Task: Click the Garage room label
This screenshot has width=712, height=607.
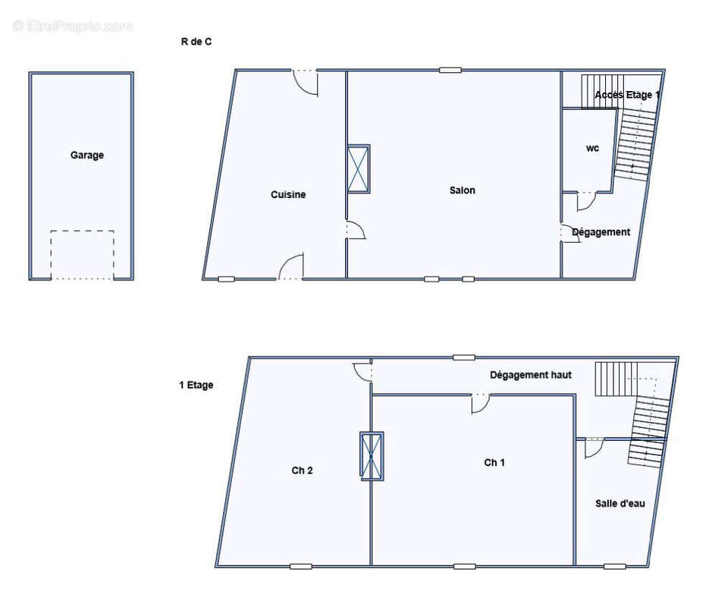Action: pos(87,155)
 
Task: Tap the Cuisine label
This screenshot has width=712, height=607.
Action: pos(288,195)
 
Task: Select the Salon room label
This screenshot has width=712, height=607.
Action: pos(462,190)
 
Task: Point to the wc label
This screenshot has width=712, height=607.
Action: pos(592,149)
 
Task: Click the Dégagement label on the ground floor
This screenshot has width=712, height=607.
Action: pos(601,232)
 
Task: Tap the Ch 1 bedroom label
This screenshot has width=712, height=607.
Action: pos(494,463)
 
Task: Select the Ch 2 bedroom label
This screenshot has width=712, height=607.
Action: pos(302,470)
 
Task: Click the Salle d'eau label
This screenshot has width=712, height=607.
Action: pos(619,503)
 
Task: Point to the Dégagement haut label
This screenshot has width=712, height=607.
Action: pos(530,375)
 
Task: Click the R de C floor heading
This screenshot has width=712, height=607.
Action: pos(196,42)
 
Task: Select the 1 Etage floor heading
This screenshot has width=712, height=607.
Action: pos(196,385)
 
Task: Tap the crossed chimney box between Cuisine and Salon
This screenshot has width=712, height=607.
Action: pos(359,168)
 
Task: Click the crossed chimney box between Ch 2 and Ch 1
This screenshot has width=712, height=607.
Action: pos(372,456)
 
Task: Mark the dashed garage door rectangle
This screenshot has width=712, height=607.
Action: pos(82,255)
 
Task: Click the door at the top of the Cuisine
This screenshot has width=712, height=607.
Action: pos(305,82)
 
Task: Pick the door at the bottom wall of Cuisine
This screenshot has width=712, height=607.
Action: pos(291,268)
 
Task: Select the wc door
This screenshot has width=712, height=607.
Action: pos(586,200)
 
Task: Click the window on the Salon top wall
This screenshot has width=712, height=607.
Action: pos(450,71)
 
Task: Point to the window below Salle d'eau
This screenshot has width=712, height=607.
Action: pos(614,566)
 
